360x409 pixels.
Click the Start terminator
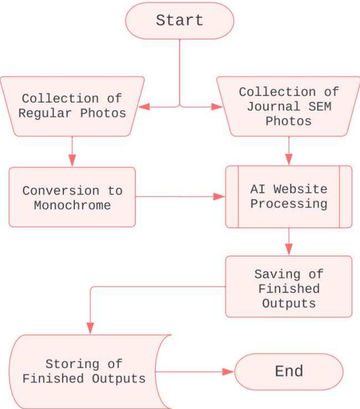point(180,20)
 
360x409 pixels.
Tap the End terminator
point(289,372)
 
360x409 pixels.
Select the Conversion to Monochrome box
point(72,197)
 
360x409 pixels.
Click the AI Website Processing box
point(288,196)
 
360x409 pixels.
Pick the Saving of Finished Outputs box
point(288,288)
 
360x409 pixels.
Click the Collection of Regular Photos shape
point(72,106)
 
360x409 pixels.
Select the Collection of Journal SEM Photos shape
point(288,106)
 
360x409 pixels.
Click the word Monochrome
point(72,205)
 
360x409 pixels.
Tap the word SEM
point(319,107)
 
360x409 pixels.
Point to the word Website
point(304,189)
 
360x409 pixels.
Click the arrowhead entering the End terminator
point(229,372)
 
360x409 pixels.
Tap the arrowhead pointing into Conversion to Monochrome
point(72,161)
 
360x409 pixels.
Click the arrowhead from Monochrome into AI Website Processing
point(220,196)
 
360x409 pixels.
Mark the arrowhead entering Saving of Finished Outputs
point(288,250)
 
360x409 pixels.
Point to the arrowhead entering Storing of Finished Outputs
point(90,328)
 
